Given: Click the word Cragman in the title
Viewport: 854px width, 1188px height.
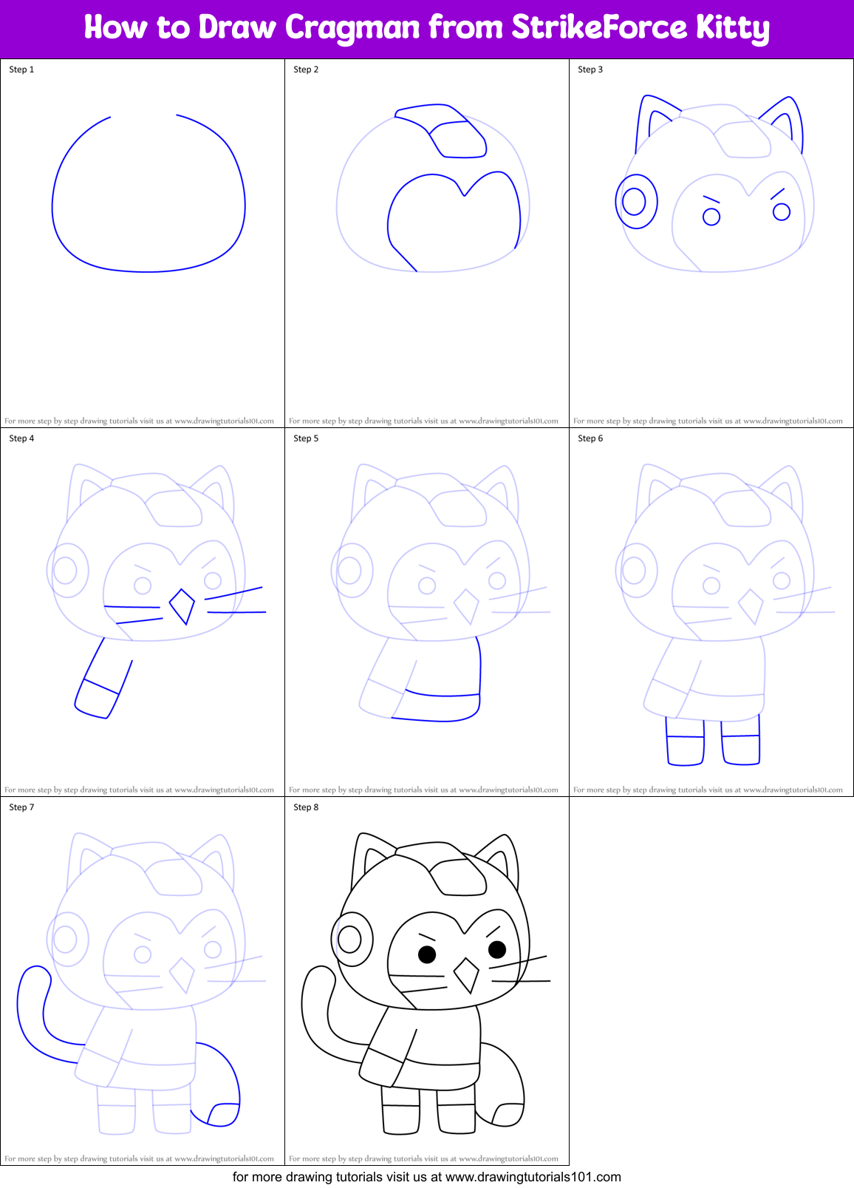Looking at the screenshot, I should coord(352,28).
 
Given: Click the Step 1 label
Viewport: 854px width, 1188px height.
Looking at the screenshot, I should coord(21,69).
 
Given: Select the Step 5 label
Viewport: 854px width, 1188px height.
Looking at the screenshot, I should coord(306,438).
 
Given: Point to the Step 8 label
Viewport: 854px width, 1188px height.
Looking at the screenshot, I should coord(306,807).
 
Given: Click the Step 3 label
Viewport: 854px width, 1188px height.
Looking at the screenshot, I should coord(590,69).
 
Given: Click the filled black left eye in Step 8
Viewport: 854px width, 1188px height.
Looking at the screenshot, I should coord(427,954).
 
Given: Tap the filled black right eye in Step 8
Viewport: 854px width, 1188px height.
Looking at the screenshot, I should coord(497,948).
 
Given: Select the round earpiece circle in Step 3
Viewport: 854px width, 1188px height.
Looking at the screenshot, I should coord(635,201).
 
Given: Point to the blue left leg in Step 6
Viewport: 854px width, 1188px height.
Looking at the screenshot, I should coord(685,741).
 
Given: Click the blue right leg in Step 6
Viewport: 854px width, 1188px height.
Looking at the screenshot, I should coord(740,740).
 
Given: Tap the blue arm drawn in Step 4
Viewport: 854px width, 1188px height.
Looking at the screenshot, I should coord(103,680).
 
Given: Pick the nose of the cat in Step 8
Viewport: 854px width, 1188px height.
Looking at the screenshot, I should coord(466,974).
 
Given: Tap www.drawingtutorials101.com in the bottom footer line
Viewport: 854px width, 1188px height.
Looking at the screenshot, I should coord(533,1177).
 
